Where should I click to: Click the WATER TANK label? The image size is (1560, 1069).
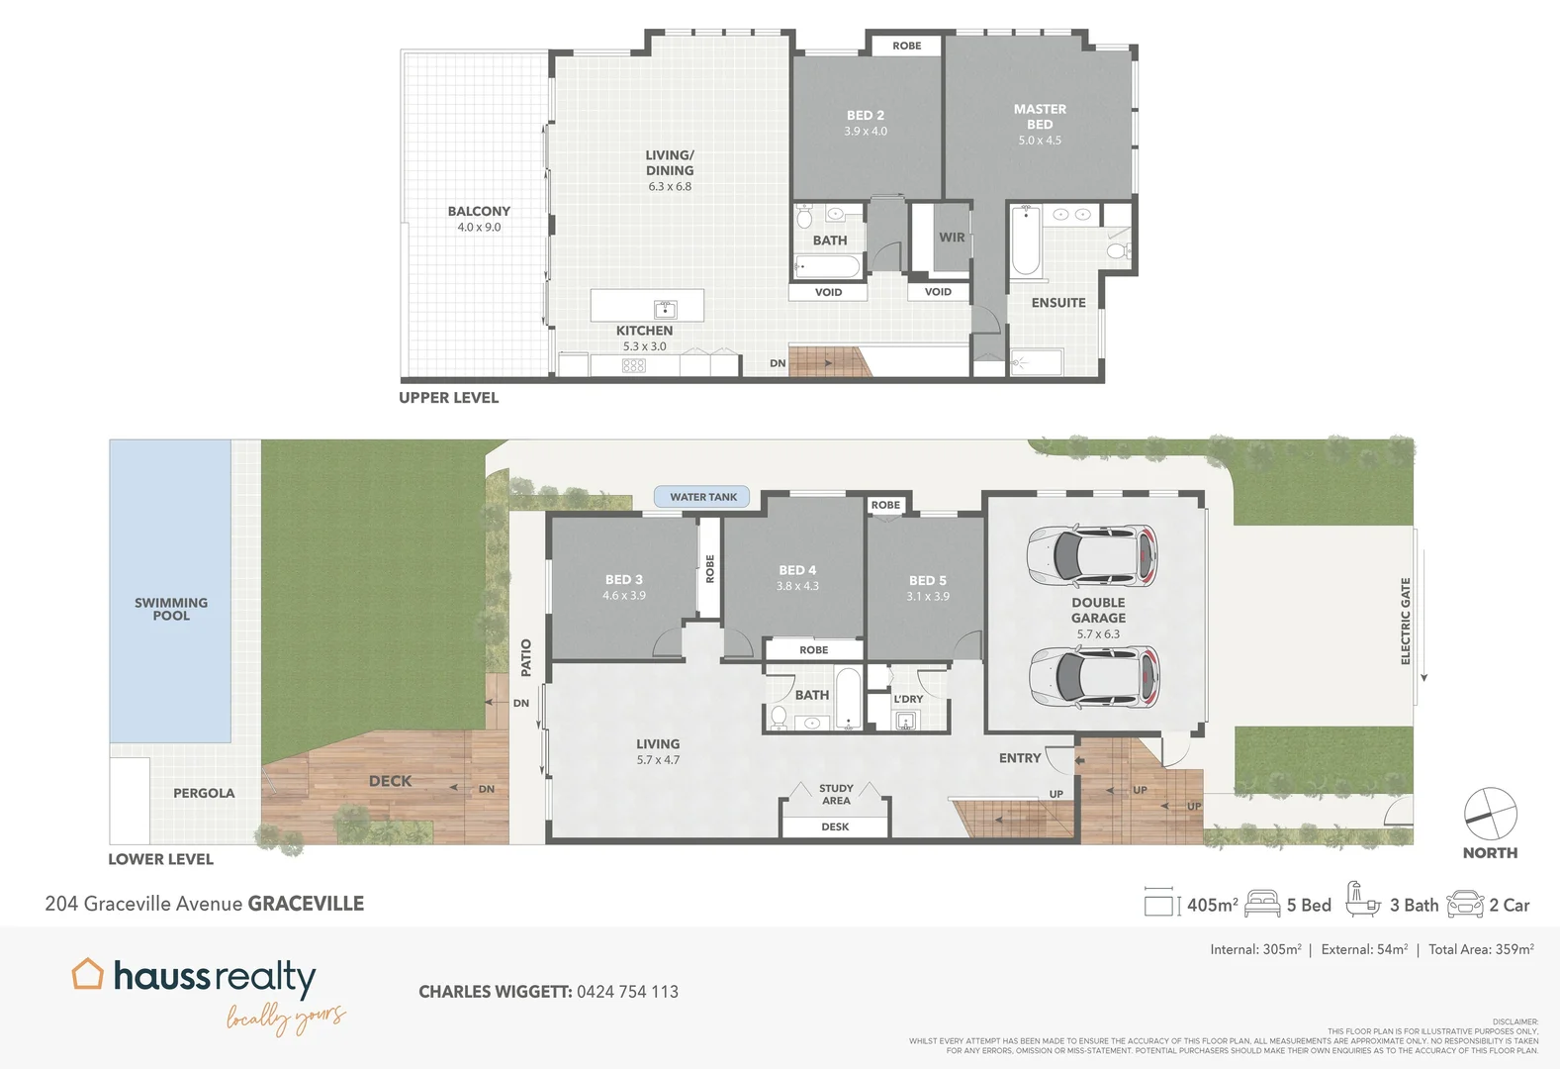(x=703, y=497)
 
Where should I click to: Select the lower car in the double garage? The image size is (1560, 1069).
(x=1093, y=678)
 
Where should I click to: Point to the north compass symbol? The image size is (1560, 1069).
(x=1490, y=814)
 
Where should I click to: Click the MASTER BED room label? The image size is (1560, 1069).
(x=1040, y=117)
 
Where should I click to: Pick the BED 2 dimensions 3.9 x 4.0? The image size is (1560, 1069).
(x=866, y=132)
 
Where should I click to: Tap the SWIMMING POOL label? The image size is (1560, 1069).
(x=171, y=609)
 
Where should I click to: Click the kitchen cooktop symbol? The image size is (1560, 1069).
(x=634, y=365)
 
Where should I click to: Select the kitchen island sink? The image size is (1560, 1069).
(x=665, y=308)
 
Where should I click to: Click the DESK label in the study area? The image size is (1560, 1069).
(x=835, y=826)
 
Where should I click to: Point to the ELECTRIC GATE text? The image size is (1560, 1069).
(x=1406, y=621)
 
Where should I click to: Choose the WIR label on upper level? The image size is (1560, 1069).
(x=952, y=238)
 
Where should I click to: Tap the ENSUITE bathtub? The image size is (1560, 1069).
(x=1025, y=241)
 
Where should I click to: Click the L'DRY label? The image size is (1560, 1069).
(x=908, y=699)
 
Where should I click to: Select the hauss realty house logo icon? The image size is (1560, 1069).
(x=87, y=974)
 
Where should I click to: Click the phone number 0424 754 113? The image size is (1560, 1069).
(x=627, y=992)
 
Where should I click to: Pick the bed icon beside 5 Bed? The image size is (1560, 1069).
(x=1262, y=904)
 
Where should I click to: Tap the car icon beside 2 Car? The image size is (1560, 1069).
(x=1465, y=904)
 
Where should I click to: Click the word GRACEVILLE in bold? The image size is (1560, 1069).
(x=306, y=904)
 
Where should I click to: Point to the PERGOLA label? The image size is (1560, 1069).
(x=204, y=793)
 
